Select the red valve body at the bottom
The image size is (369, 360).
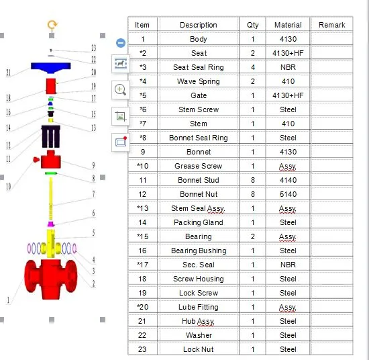coord(51,276)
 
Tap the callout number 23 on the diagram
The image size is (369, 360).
coord(93,48)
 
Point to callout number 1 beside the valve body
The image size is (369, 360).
coord(9,300)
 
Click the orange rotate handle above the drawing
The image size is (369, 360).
coord(52,25)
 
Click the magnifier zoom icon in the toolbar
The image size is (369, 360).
coord(121,89)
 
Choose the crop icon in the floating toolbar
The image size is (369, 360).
coord(121,116)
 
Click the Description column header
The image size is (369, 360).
coord(199,25)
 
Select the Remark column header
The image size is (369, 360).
coord(331,25)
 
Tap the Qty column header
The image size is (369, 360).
coord(252,25)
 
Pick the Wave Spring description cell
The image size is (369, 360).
coord(199,81)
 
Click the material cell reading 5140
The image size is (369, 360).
coord(288,194)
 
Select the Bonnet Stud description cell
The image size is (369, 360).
coord(199,180)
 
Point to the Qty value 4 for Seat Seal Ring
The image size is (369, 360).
coord(252,67)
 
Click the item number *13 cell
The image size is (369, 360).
coord(142,208)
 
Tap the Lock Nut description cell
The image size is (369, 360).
coord(199,349)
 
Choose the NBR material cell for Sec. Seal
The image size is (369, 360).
coord(288,265)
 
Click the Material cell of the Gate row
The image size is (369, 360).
coord(288,95)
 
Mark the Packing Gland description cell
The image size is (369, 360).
coord(199,222)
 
